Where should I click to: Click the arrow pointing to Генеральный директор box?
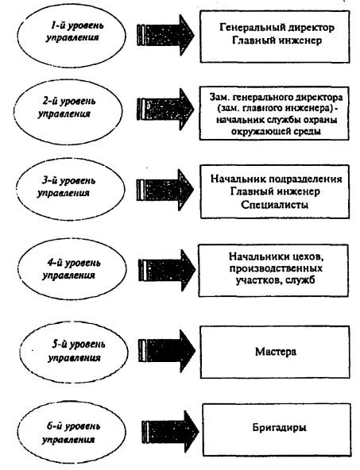point(165,36)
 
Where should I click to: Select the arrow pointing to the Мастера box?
point(167,351)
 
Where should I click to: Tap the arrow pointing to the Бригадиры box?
point(170,432)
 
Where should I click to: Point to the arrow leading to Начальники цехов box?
point(167,271)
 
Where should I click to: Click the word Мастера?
point(276,351)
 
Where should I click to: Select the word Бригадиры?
point(279,427)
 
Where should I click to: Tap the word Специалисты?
point(274,205)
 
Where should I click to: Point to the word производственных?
point(276,268)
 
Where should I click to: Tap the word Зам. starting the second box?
point(219,97)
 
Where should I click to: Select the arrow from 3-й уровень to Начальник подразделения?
point(165,190)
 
